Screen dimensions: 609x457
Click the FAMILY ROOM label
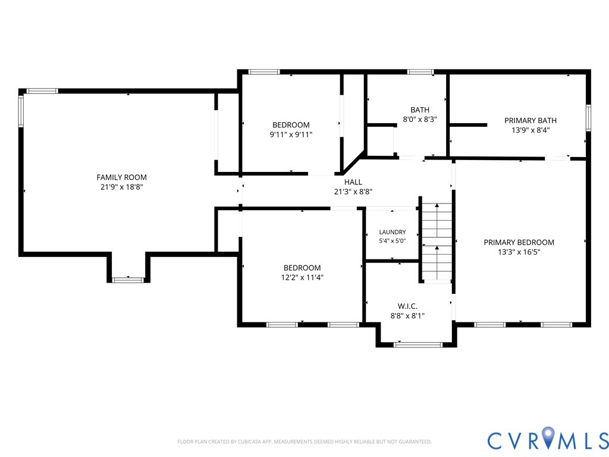(121, 177)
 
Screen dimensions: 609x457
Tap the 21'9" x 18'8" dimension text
(121, 187)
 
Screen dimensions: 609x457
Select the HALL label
(353, 182)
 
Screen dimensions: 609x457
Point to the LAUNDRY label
(393, 232)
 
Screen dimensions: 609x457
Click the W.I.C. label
(407, 306)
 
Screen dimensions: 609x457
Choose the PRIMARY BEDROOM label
(519, 243)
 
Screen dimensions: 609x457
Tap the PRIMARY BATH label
(530, 120)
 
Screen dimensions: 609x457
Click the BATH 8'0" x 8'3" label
(420, 115)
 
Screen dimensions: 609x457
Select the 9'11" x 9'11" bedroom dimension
(291, 134)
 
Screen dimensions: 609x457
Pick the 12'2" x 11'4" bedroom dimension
(302, 277)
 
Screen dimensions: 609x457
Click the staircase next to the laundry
(437, 242)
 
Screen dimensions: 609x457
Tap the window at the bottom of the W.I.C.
(418, 345)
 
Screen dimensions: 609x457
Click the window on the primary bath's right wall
(588, 118)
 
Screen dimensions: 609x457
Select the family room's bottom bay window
(128, 280)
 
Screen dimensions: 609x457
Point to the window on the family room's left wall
(21, 111)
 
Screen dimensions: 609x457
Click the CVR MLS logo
(548, 440)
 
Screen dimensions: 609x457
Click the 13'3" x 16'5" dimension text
(519, 252)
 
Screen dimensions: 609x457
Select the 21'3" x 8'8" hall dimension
(353, 192)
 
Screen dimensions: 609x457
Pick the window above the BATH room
(420, 72)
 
